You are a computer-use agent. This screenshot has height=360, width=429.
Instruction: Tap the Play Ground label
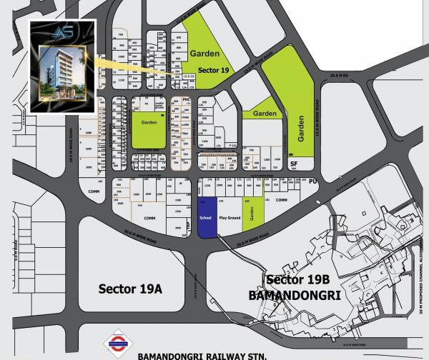[230, 216]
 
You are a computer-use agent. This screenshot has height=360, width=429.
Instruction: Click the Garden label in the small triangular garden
[265, 114]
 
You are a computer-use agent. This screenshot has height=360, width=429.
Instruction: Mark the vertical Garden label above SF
[302, 127]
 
